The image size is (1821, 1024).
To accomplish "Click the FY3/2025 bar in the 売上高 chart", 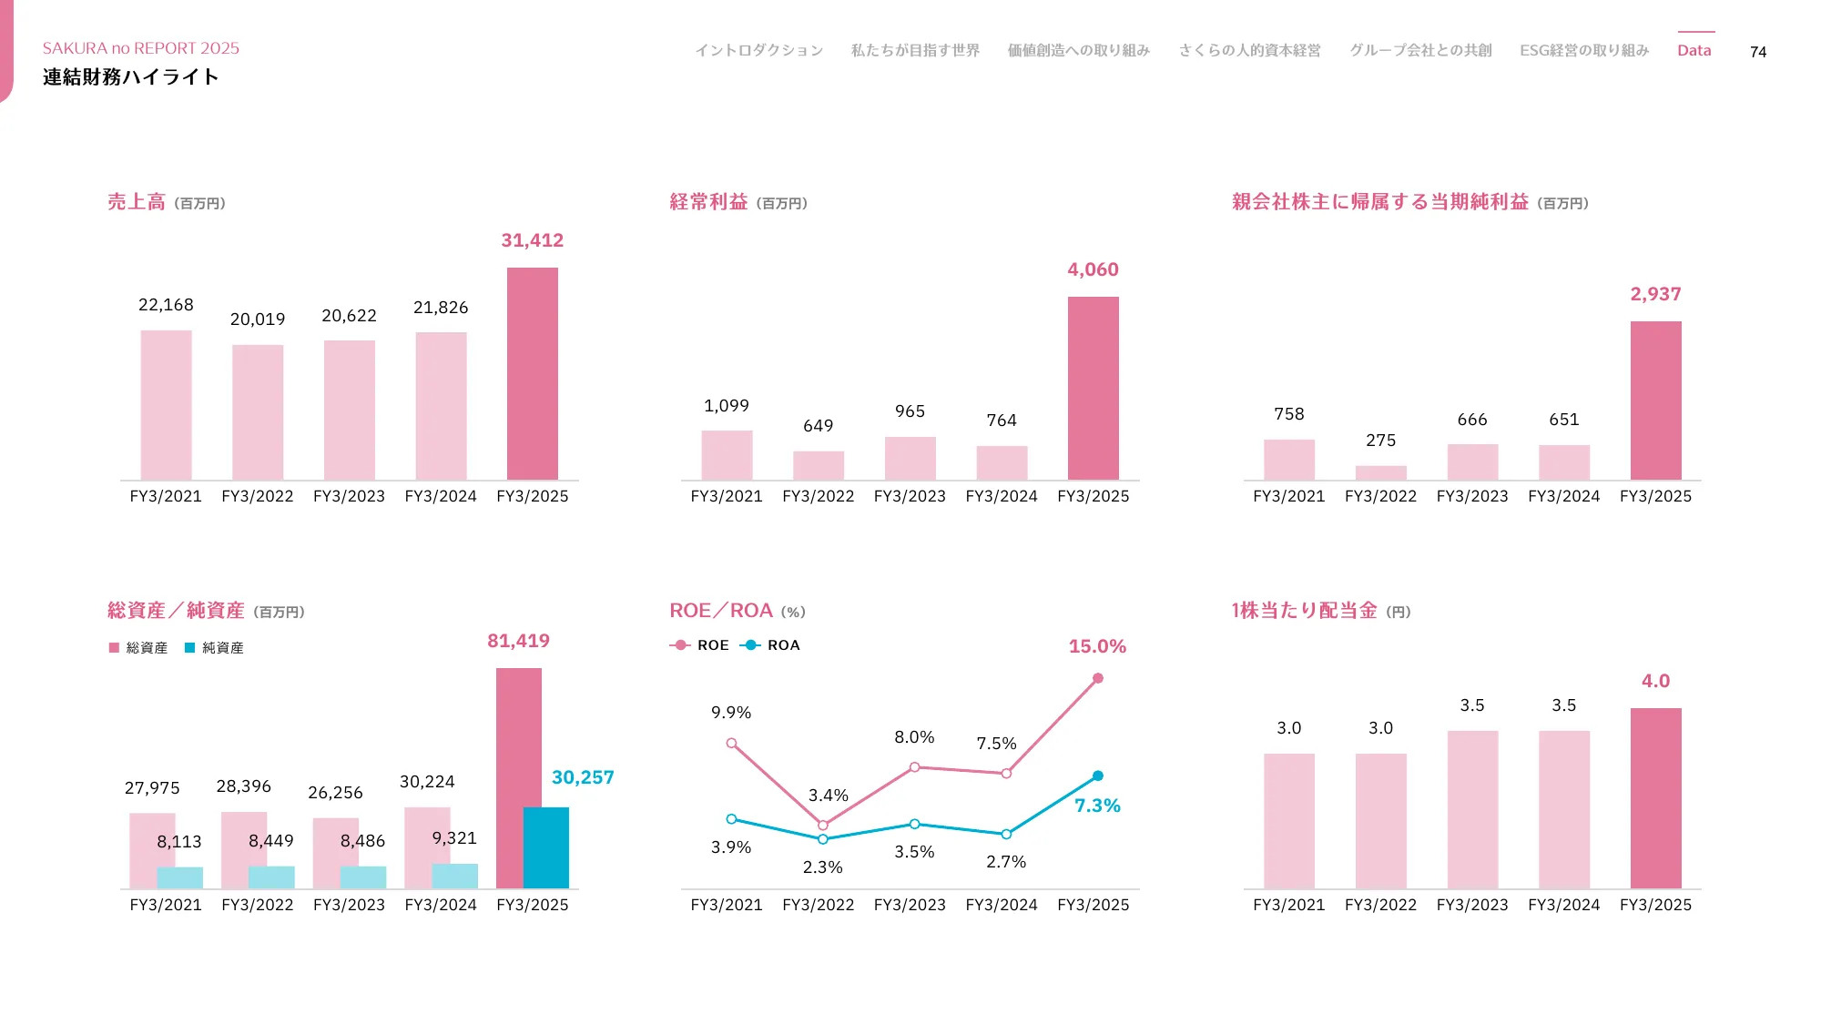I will click(533, 373).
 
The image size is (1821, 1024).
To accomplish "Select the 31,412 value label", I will click(533, 240).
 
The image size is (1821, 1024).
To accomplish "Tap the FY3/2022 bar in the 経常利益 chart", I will click(819, 465).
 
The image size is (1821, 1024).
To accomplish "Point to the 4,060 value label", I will click(1093, 269).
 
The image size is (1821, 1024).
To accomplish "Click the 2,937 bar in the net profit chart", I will click(1655, 400).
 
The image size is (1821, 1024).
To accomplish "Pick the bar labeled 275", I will click(1380, 472).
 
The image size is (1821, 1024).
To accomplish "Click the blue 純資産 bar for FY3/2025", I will click(546, 847).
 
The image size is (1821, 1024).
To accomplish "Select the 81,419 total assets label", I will click(518, 641).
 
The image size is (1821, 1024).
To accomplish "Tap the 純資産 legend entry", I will click(215, 648).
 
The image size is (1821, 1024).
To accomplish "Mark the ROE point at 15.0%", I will click(1098, 678).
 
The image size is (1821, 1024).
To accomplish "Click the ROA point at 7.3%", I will click(1098, 776).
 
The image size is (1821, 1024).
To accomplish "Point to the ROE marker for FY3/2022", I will click(823, 825).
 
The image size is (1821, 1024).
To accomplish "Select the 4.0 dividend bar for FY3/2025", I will click(1655, 797).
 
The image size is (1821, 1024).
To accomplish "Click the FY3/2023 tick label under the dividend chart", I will click(1472, 905).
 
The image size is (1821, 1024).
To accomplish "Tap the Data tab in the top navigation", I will click(1694, 50).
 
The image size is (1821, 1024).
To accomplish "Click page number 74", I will click(1758, 52).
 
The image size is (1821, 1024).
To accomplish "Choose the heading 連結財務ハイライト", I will click(131, 77).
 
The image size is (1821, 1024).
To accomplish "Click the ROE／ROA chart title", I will click(721, 611).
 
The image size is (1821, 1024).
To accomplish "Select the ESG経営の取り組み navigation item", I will click(1584, 50).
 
